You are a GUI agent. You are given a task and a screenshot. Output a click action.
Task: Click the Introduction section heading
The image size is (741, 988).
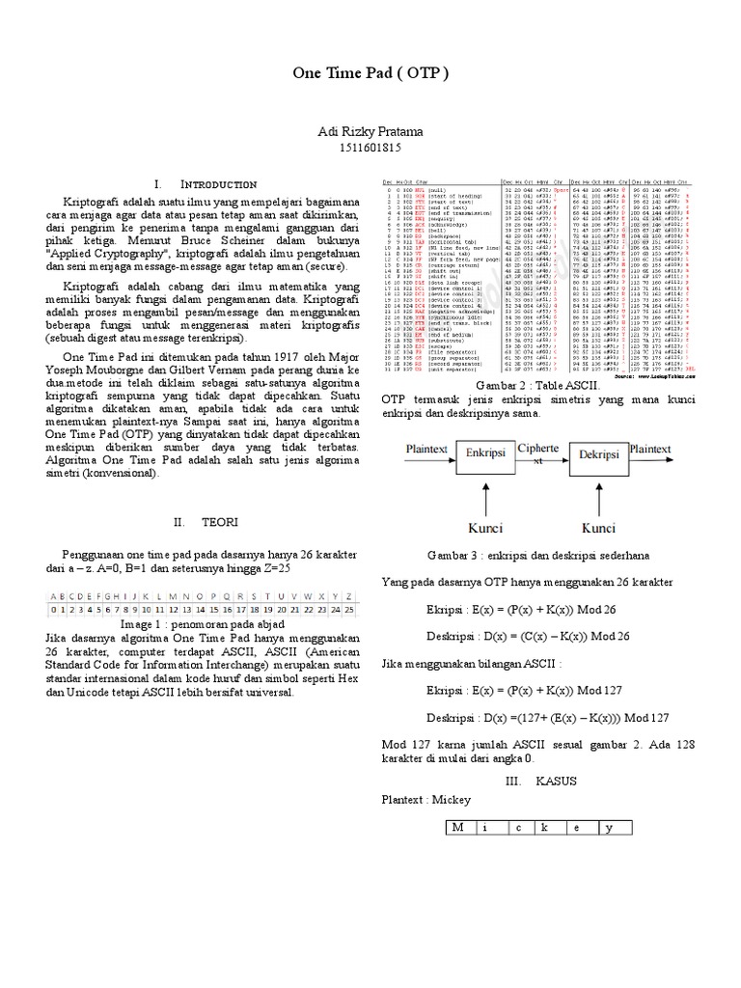(x=206, y=183)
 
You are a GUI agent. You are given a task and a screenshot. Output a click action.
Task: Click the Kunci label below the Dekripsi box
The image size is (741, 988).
(x=598, y=529)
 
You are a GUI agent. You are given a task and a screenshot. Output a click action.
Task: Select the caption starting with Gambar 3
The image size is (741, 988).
(x=537, y=556)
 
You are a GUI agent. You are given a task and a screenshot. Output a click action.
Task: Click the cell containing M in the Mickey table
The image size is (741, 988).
(x=458, y=828)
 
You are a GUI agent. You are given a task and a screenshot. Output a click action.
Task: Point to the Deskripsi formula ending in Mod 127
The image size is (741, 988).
(x=548, y=719)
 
